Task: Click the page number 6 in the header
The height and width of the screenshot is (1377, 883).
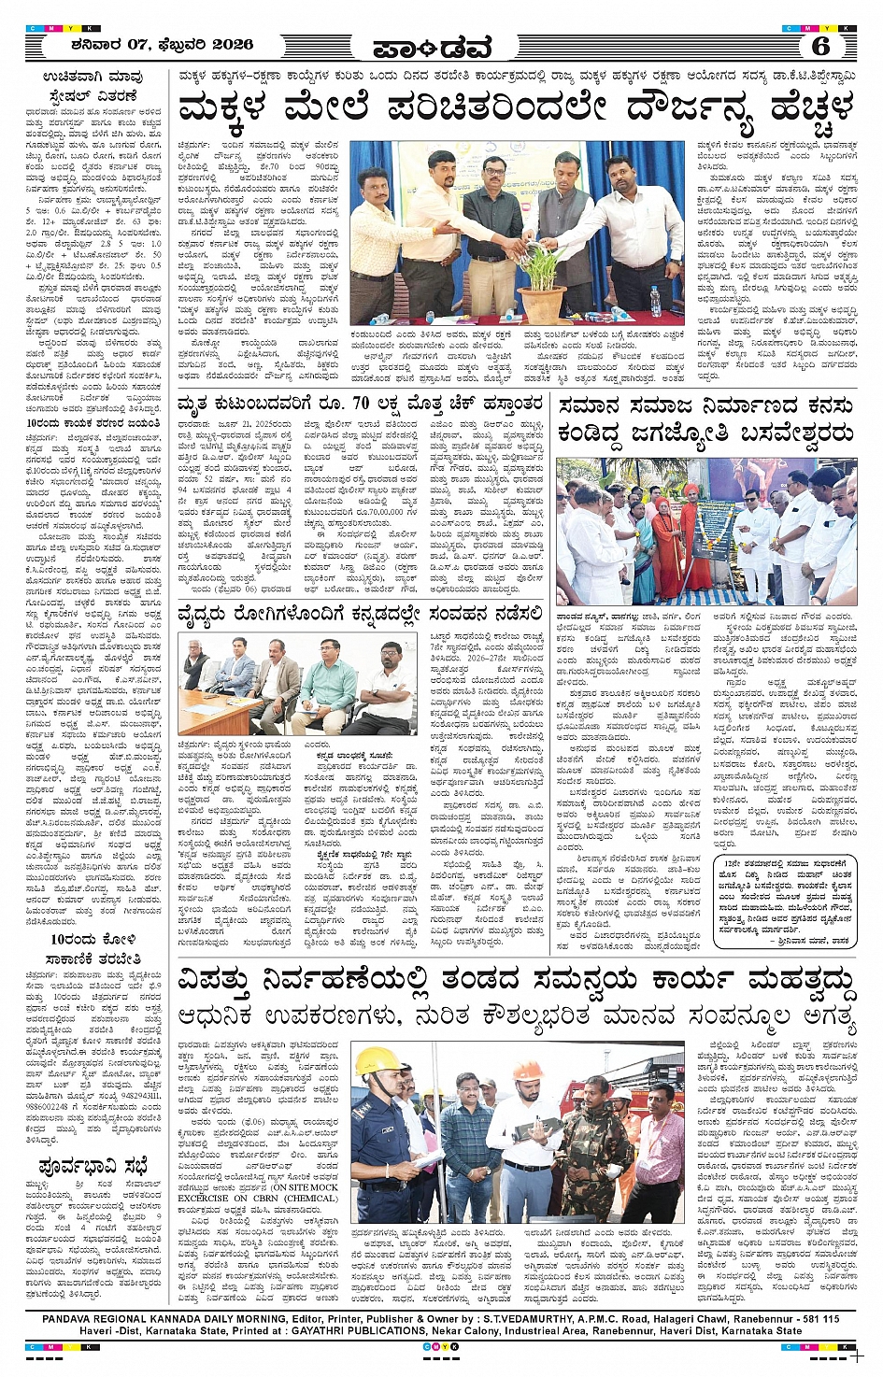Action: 820,46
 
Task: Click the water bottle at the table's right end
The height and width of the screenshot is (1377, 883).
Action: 654,302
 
